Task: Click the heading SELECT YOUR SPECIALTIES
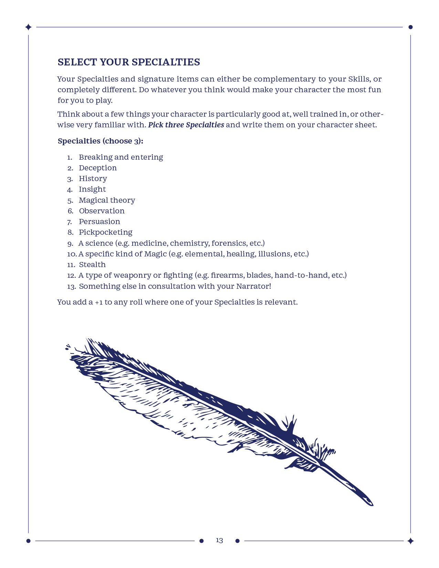[x=129, y=62]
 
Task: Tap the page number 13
[x=219, y=540]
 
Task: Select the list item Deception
[x=98, y=168]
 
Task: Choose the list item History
[x=93, y=179]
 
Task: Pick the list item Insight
[x=92, y=189]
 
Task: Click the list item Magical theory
[x=107, y=200]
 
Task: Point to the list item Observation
[x=102, y=211]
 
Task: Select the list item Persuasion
[x=100, y=222]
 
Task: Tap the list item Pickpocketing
[x=105, y=232]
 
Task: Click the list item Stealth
[x=92, y=265]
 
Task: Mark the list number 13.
[x=71, y=286]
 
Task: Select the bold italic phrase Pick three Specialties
[x=186, y=125]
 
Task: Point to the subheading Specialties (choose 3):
[x=100, y=141]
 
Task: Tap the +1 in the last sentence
[x=99, y=302]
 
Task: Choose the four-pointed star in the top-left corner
[x=29, y=27]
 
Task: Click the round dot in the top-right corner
[x=410, y=27]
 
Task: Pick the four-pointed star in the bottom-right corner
[x=410, y=541]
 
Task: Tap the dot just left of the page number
[x=201, y=541]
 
